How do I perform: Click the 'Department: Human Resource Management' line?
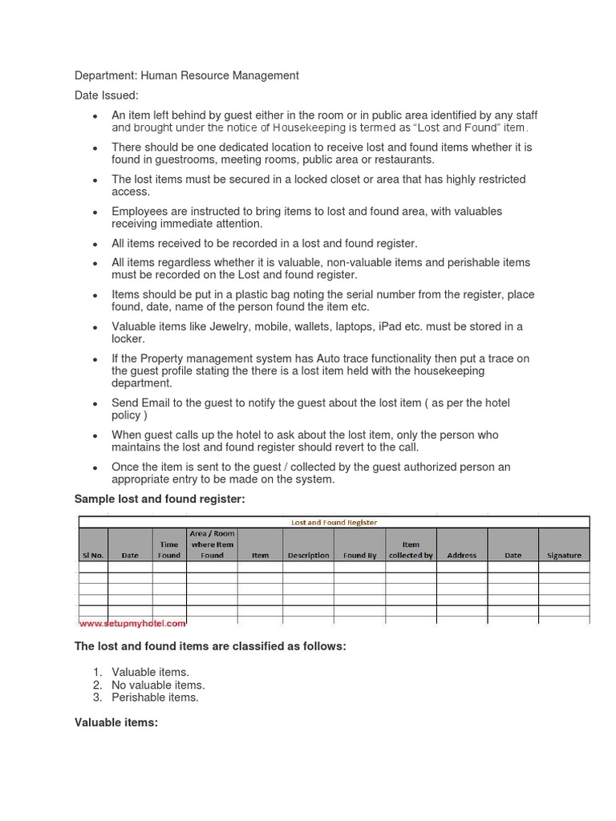[x=186, y=75]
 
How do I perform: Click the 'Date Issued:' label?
[x=107, y=95]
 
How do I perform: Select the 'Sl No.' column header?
[x=93, y=555]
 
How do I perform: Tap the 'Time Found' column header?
[x=169, y=549]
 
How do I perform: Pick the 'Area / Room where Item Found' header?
[x=212, y=544]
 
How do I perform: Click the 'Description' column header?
[x=308, y=555]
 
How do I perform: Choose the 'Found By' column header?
[x=359, y=555]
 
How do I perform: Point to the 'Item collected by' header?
[x=411, y=549]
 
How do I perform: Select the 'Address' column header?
[x=461, y=555]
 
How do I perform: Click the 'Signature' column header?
[x=564, y=555]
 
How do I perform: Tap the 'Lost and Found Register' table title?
[x=334, y=522]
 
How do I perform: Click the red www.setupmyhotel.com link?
[x=132, y=623]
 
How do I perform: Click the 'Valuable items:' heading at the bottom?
[x=116, y=722]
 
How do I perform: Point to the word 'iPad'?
[x=390, y=326]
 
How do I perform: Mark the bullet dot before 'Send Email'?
[x=95, y=404]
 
